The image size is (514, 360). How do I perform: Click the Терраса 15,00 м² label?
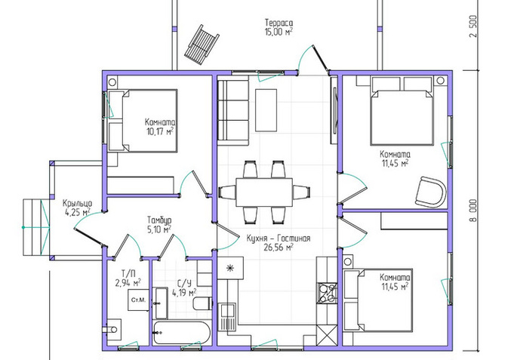pos(279,27)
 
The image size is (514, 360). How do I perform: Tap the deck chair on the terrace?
pos(202,45)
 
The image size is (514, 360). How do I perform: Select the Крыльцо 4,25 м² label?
pos(78,208)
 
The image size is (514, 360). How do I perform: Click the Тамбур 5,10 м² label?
pos(159,225)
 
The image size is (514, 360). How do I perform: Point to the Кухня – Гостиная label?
pos(279,238)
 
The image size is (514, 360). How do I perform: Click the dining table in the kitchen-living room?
pos(264,192)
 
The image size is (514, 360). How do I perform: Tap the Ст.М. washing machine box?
pos(138,300)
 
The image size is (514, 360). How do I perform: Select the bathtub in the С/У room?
pos(181,333)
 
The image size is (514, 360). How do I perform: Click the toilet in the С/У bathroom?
pos(203,303)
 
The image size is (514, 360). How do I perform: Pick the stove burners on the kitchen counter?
pos(327,293)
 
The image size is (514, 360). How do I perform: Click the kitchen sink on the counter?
pos(227,316)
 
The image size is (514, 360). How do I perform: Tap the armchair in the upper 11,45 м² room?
pos(431,192)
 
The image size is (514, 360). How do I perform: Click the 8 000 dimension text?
pos(473,211)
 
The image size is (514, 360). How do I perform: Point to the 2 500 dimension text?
pos(473,26)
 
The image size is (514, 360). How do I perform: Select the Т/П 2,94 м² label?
pos(128,278)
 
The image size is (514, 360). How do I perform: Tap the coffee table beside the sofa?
pos(266,110)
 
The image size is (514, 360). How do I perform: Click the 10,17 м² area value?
pos(160,132)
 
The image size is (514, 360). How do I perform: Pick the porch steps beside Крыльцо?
pos(36,227)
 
